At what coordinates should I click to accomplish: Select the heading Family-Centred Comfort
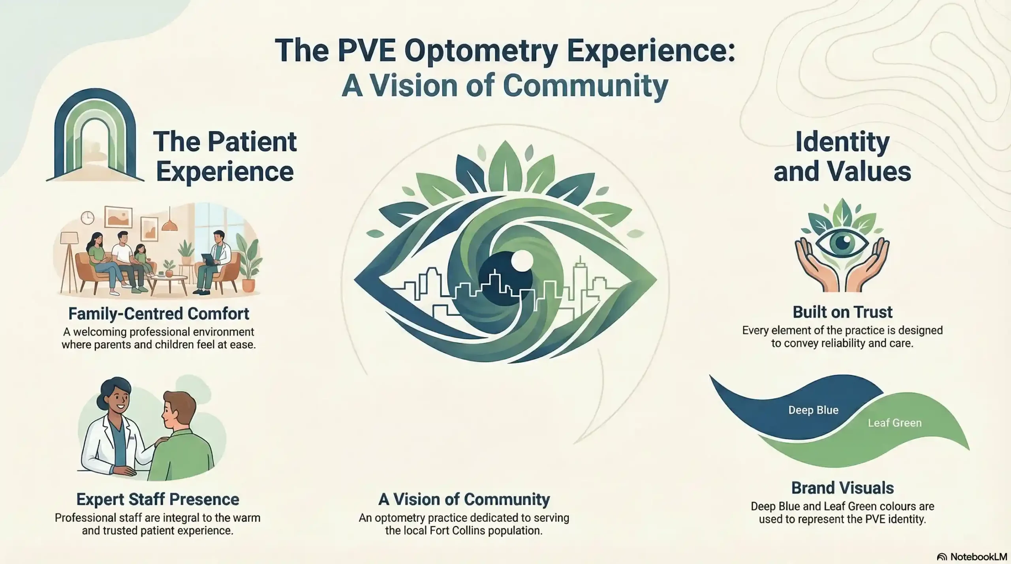point(159,314)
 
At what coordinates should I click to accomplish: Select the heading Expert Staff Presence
point(158,499)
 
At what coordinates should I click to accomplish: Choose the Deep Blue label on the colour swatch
point(813,410)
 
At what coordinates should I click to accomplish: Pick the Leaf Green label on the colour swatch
point(894,423)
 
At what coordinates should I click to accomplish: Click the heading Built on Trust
point(842,312)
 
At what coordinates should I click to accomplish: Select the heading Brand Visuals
point(842,488)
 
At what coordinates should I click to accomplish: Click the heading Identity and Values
point(842,156)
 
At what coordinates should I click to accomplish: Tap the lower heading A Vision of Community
point(464,499)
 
